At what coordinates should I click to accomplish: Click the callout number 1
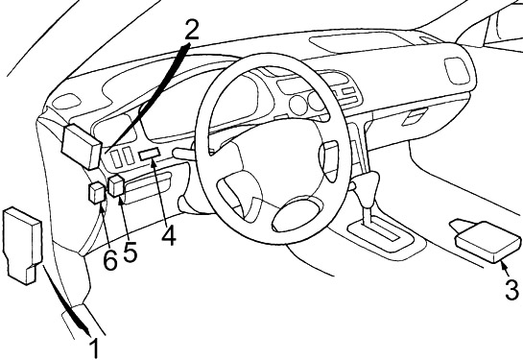(x=95, y=348)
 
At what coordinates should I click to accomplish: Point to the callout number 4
(x=169, y=235)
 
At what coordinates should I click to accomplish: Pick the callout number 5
(x=130, y=252)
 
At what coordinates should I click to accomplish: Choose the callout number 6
(x=110, y=259)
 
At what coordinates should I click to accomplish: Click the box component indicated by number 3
(x=487, y=241)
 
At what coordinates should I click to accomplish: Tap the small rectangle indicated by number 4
(x=150, y=154)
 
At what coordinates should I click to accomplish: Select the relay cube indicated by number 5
(x=117, y=185)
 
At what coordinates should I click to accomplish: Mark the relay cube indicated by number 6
(x=97, y=193)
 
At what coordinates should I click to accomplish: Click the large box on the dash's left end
(x=81, y=146)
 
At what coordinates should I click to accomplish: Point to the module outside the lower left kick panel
(x=22, y=245)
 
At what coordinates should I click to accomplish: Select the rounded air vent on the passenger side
(x=458, y=71)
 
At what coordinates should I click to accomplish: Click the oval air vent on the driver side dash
(x=67, y=101)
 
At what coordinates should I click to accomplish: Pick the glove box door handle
(x=415, y=117)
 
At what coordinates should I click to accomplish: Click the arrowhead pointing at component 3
(x=504, y=265)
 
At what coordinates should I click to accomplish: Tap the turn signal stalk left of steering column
(x=184, y=154)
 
